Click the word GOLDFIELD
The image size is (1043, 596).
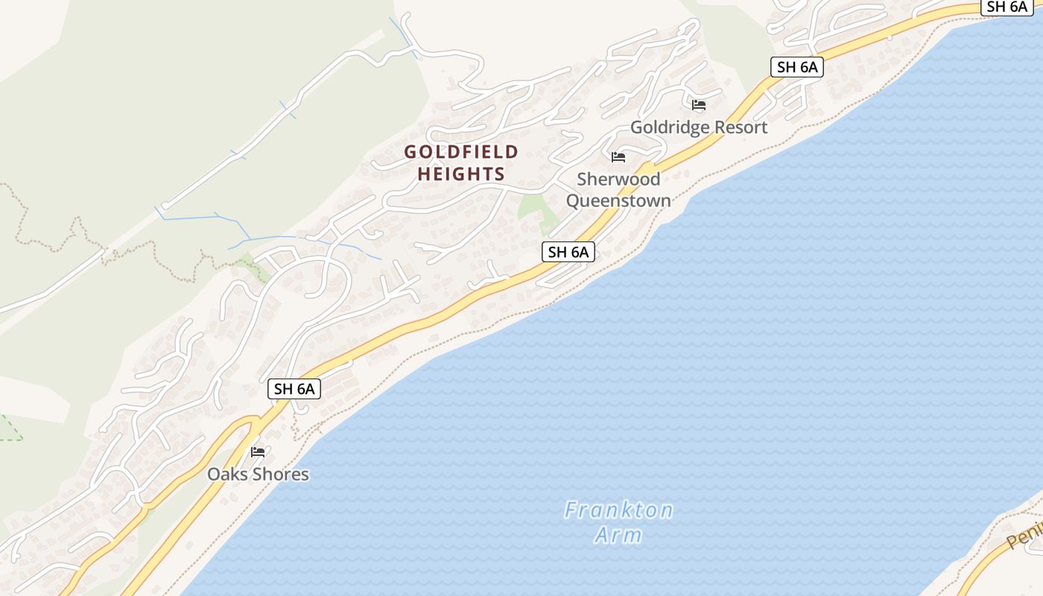pyautogui.click(x=461, y=152)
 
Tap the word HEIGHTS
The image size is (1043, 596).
pyautogui.click(x=461, y=174)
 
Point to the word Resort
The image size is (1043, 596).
pyautogui.click(x=739, y=127)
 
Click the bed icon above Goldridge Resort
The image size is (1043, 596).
pyautogui.click(x=698, y=105)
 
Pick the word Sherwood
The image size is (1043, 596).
pyautogui.click(x=618, y=180)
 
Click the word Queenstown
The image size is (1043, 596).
pyautogui.click(x=618, y=200)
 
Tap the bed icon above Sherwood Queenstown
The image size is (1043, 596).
pyautogui.click(x=618, y=157)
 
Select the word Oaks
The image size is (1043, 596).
pyautogui.click(x=228, y=475)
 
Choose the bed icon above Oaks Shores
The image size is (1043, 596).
pyautogui.click(x=258, y=452)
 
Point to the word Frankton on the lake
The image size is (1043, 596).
pyautogui.click(x=618, y=510)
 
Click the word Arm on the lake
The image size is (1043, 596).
pyautogui.click(x=618, y=535)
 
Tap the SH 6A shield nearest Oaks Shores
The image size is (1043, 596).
pyautogui.click(x=294, y=389)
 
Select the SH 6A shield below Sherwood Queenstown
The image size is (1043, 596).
pyautogui.click(x=568, y=253)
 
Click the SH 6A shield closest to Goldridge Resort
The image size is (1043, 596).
pyautogui.click(x=797, y=67)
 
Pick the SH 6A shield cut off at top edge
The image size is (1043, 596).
pyautogui.click(x=1006, y=7)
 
